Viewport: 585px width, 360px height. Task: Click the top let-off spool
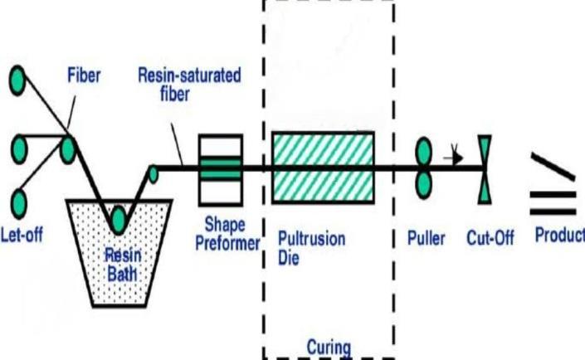[17, 80]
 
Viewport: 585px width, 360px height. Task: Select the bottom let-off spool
[17, 201]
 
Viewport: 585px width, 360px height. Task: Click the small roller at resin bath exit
[153, 173]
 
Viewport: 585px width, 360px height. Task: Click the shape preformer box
[219, 168]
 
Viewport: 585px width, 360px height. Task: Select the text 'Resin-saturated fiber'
[190, 83]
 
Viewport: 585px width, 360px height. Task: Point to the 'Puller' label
[426, 239]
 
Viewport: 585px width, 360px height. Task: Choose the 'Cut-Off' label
[490, 239]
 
